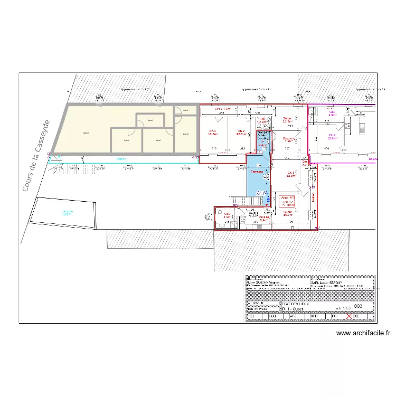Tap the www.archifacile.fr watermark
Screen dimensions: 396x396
tap(363, 333)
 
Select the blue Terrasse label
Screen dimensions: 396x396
tap(257, 172)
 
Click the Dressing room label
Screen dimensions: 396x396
tap(289, 139)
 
